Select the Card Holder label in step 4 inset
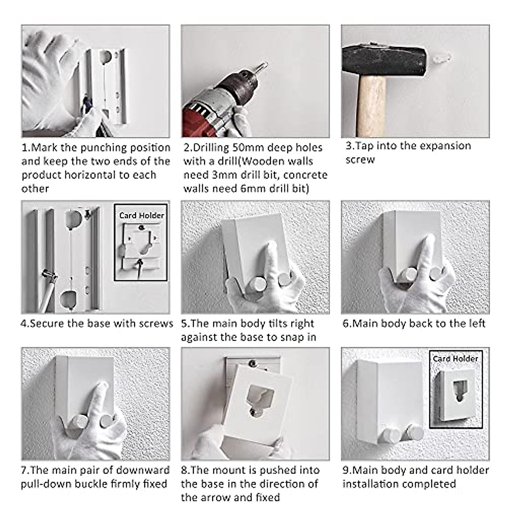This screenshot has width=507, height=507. pyautogui.click(x=141, y=215)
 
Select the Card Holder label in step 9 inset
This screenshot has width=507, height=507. pyautogui.click(x=455, y=359)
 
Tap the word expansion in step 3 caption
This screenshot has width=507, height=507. pyautogui.click(x=439, y=146)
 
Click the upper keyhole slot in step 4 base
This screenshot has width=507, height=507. pyautogui.click(x=74, y=218)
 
